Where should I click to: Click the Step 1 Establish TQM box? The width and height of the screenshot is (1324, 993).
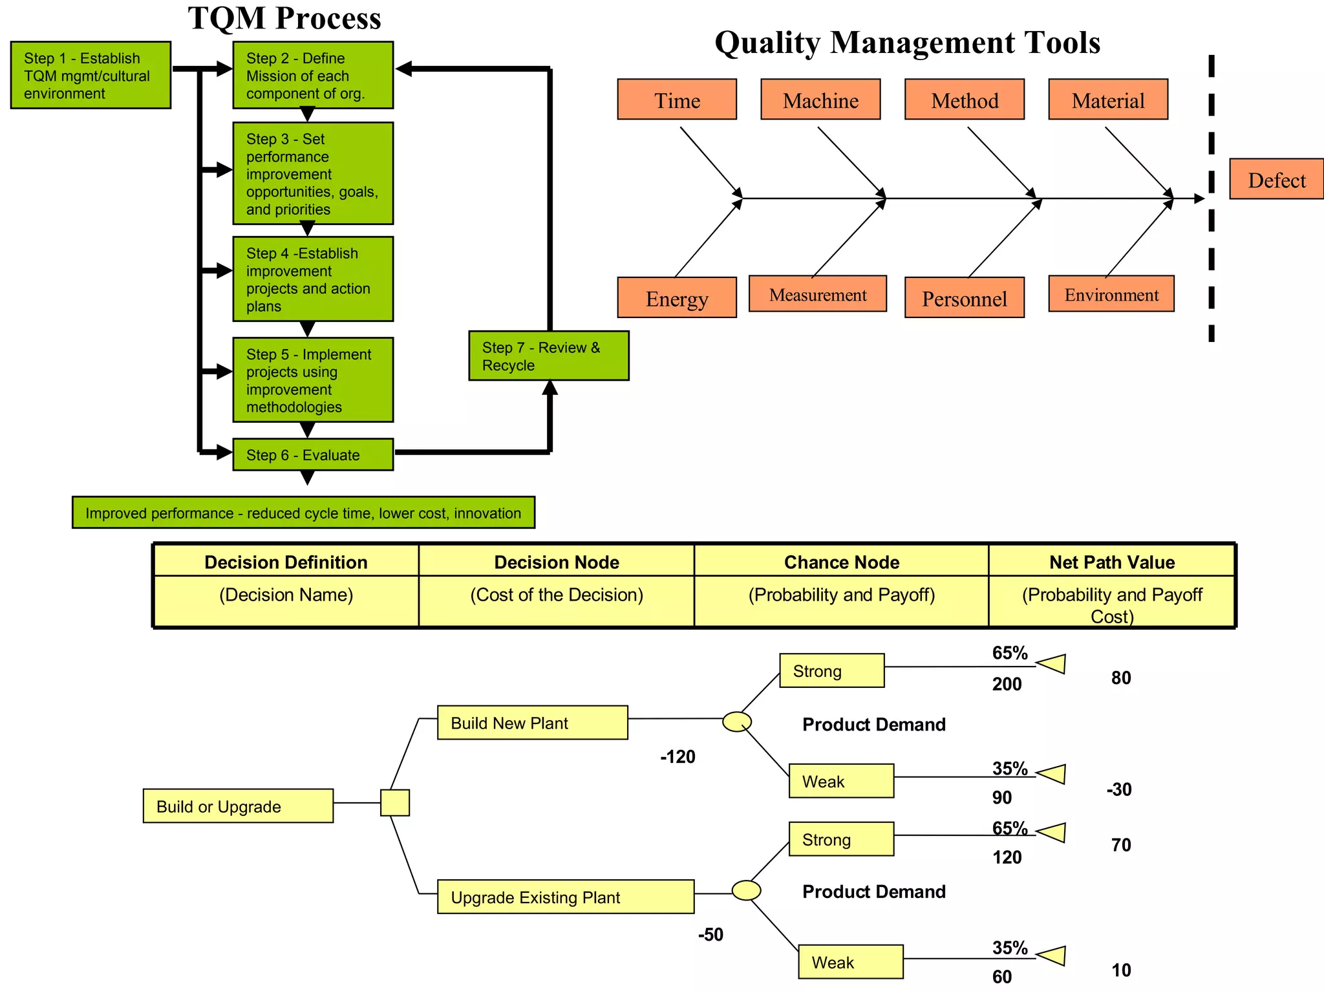tap(91, 75)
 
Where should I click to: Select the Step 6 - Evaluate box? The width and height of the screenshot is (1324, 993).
tap(313, 454)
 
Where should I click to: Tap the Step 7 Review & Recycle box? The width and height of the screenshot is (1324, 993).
tap(548, 356)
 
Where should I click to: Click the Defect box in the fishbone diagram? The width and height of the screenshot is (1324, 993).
tap(1276, 179)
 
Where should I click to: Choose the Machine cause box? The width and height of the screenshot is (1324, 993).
tap(820, 100)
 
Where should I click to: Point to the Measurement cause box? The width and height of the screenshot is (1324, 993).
tap(817, 294)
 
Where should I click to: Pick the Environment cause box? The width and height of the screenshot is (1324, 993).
tap(1111, 294)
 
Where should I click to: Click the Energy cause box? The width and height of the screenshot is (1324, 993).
tap(676, 298)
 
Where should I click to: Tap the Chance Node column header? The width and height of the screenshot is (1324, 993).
tap(841, 562)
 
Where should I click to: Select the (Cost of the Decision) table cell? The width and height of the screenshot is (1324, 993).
tap(556, 595)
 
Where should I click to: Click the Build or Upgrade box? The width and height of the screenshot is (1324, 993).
tap(238, 806)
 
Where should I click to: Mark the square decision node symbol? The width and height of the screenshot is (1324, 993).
tap(394, 803)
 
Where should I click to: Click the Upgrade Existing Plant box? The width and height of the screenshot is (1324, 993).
tap(565, 897)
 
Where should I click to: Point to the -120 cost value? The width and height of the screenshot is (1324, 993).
tap(678, 756)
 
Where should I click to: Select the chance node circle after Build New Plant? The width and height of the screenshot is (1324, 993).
tap(736, 721)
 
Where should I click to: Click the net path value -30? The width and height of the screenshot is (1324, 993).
tap(1118, 789)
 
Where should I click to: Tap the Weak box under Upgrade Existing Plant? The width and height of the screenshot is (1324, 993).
tap(850, 962)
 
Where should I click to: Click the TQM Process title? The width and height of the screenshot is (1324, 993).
tap(284, 18)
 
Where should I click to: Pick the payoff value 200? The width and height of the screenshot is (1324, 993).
tap(1007, 684)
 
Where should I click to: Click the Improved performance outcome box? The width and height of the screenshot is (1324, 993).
tap(303, 513)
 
